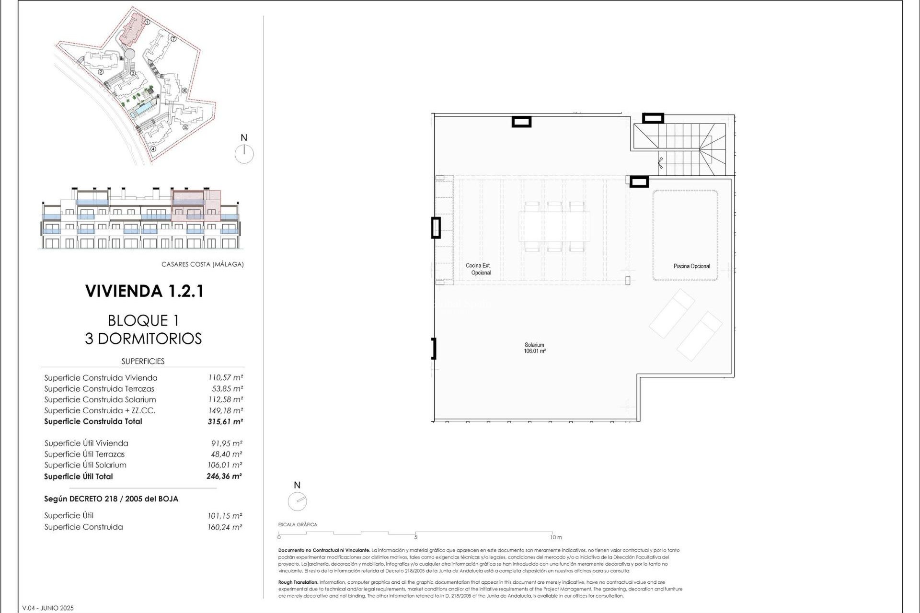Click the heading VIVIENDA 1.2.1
[144, 291]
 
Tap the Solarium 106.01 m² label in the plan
[534, 348]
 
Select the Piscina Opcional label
[691, 266]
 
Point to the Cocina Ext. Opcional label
[479, 269]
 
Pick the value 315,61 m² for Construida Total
[225, 422]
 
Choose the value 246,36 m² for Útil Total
[224, 477]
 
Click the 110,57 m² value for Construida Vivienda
[225, 378]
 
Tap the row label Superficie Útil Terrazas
[84, 454]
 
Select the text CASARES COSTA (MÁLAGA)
[202, 264]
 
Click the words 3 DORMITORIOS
[143, 339]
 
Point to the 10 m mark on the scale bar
[555, 537]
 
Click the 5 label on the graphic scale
[415, 537]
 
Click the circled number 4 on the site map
[153, 148]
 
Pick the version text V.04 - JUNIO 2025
[48, 608]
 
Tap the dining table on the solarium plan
[554, 227]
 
